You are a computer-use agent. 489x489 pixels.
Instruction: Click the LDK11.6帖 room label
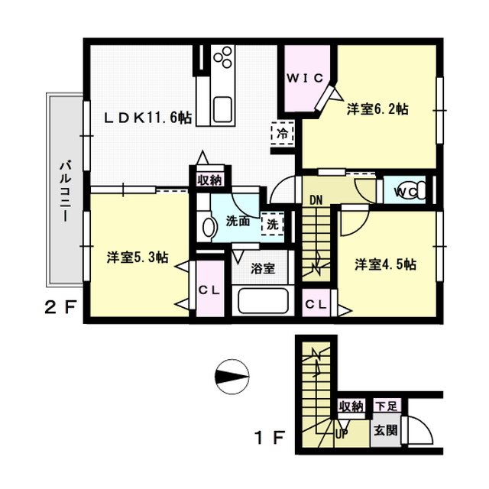147,118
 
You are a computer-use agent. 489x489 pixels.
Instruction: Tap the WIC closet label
305,78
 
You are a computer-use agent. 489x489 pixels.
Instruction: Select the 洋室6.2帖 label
377,109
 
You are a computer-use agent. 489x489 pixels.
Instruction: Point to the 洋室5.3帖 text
138,257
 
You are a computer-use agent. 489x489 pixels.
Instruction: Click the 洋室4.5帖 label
385,264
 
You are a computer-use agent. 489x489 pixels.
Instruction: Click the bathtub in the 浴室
263,300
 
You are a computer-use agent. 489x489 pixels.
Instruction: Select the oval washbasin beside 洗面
209,227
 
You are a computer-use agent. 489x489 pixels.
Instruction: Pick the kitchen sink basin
222,108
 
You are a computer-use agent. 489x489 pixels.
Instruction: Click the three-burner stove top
222,57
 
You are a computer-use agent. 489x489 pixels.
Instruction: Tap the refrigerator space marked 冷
283,134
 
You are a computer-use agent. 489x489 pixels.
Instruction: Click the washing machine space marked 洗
273,224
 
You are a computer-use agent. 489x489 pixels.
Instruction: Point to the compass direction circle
232,377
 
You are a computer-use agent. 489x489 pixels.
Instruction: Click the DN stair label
316,200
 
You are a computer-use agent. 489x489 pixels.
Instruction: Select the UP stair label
342,433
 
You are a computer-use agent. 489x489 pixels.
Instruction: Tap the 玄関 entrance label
386,431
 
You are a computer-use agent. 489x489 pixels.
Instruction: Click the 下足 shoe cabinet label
386,406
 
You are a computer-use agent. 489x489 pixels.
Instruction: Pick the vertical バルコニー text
66,191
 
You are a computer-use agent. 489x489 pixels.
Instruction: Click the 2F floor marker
60,308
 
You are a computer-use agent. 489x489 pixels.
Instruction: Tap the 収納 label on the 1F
351,406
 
